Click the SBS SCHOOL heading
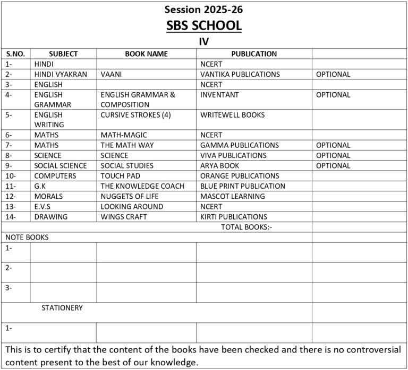coord(204,25)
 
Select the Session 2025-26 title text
coord(204,9)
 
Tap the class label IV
coord(203,41)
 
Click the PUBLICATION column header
coord(254,54)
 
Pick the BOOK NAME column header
coord(146,54)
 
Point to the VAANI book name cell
coord(111,75)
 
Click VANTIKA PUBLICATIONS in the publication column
coord(240,75)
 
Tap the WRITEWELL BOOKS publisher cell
coord(232,115)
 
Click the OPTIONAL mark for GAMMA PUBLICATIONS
coord(333,145)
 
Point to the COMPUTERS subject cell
coord(55,176)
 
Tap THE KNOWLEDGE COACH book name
coord(142,186)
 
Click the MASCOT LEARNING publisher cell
coord(232,196)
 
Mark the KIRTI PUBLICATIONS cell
coord(234,217)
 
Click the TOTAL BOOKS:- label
coord(246,227)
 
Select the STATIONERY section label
coord(62,307)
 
